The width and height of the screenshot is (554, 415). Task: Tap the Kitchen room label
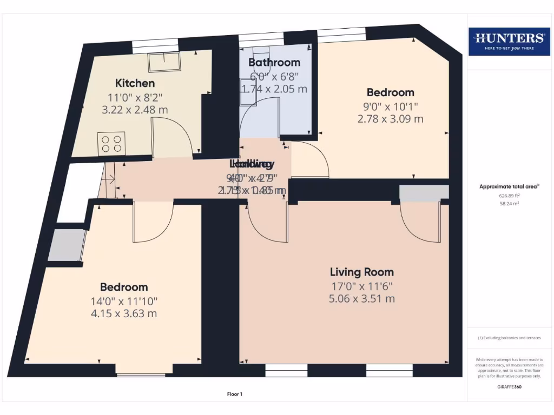(135, 83)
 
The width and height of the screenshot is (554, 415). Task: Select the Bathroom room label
(274, 63)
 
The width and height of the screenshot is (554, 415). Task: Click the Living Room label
(362, 272)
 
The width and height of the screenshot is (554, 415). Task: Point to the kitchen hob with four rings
(111, 143)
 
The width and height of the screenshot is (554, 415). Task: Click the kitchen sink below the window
(164, 62)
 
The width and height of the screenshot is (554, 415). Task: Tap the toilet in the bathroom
(260, 51)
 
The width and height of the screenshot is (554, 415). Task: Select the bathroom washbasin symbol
(248, 91)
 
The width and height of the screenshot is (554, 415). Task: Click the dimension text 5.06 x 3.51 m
(362, 298)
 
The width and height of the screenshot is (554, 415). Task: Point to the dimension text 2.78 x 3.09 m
(390, 118)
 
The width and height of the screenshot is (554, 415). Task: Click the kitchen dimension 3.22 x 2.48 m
(135, 109)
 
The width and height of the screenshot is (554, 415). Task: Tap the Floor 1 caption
(234, 394)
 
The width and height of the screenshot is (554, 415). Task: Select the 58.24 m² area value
(509, 204)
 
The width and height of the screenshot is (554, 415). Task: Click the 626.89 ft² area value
(509, 196)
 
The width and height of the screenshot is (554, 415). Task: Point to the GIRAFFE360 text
(509, 387)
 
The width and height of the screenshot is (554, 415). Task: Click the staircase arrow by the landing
(110, 179)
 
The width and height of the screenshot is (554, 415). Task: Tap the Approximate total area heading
(509, 186)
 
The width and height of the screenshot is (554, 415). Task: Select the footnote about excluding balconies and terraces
(509, 338)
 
